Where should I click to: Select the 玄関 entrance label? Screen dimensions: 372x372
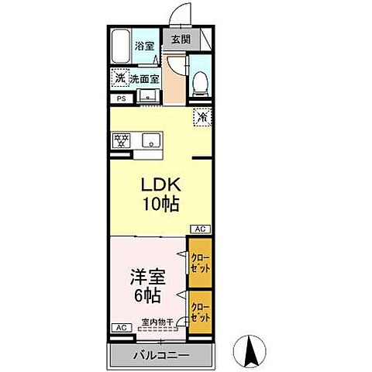180,39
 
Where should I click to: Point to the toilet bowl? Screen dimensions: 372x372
199,80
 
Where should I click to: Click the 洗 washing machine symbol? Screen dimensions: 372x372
119,78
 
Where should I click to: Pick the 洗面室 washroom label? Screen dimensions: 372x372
144,78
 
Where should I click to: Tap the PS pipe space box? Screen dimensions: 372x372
121,98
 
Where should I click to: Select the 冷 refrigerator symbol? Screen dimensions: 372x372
201,117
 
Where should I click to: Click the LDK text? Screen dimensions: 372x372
160,186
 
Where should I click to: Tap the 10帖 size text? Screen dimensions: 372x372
160,205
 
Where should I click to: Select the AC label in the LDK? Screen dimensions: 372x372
200,229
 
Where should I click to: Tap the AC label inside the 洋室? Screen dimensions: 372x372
120,328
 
